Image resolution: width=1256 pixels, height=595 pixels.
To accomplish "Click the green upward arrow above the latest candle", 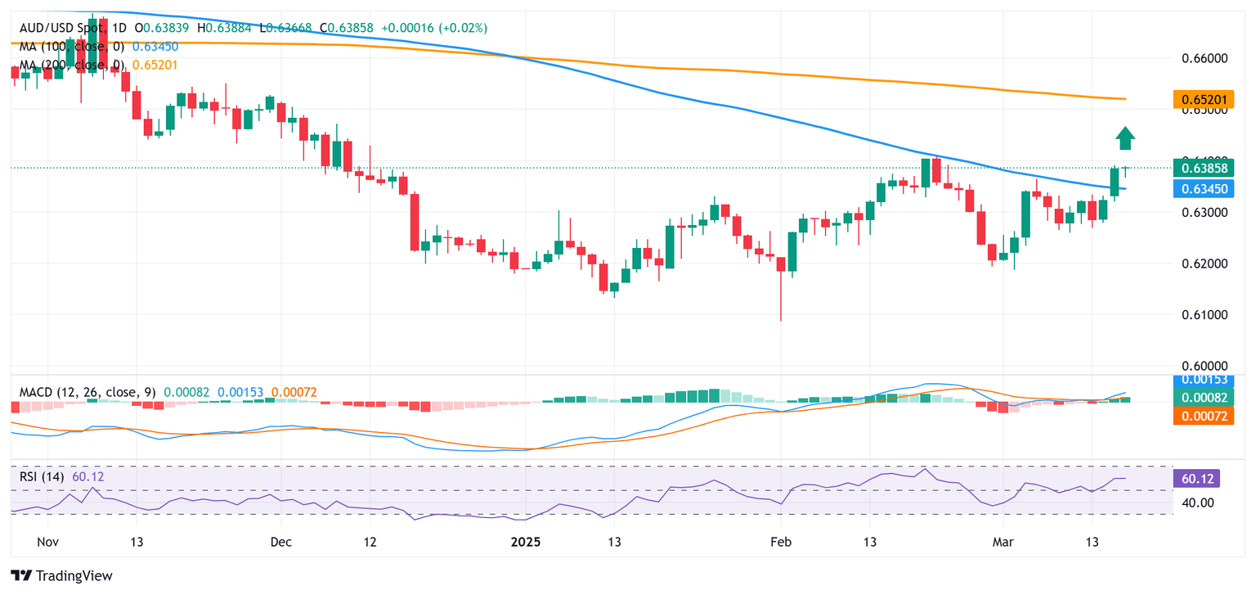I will pyautogui.click(x=1125, y=138).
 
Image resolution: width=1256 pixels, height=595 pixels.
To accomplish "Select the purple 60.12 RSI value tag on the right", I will pyautogui.click(x=1195, y=479).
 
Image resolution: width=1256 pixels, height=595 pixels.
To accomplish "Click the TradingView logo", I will pyautogui.click(x=61, y=575).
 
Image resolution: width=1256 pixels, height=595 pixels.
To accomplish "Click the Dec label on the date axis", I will pyautogui.click(x=280, y=542).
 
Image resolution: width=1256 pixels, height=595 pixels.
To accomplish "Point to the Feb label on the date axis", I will pyautogui.click(x=781, y=542).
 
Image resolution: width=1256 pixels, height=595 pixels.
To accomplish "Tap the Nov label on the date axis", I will pyautogui.click(x=48, y=542).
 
